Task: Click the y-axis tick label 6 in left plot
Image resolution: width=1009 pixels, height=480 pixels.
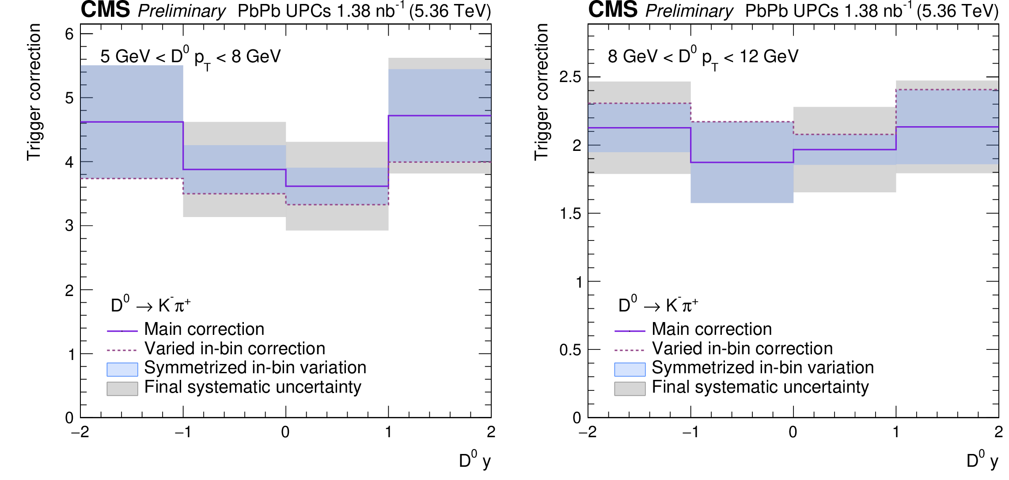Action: point(69,34)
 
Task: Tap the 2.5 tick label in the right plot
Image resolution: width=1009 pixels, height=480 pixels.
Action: point(570,77)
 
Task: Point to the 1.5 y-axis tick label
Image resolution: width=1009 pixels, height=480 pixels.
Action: point(570,214)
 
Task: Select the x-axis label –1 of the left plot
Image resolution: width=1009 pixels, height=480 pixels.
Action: point(183,432)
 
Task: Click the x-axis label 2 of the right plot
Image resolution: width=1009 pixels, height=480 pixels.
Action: point(998,432)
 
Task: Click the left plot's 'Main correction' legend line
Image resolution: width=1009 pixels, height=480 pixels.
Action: point(122,330)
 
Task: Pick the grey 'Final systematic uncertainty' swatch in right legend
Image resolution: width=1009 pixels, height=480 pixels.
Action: point(630,388)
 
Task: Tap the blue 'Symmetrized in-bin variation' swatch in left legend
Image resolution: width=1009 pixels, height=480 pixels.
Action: point(122,369)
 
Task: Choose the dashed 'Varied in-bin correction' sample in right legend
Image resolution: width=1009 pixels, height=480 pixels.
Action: point(630,350)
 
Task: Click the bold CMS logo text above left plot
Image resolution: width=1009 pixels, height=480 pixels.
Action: point(105,10)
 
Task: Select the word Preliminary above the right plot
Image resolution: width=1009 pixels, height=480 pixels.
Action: point(689,11)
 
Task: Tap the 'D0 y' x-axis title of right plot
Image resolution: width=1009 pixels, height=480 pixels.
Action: point(982,461)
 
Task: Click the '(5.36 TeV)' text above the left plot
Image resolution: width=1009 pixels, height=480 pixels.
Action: point(450,11)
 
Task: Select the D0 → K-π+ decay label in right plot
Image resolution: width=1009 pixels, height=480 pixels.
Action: point(658,304)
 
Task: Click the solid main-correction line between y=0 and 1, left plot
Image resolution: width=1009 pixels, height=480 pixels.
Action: point(337,186)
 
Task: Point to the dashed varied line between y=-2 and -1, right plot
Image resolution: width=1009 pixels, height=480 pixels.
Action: point(639,103)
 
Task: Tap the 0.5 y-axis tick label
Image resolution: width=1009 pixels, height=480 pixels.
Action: point(570,350)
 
